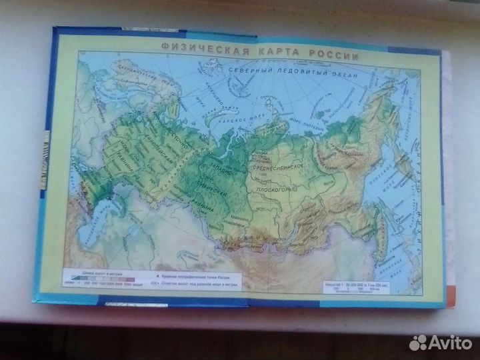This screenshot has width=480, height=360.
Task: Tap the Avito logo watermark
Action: tap(441, 343)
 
